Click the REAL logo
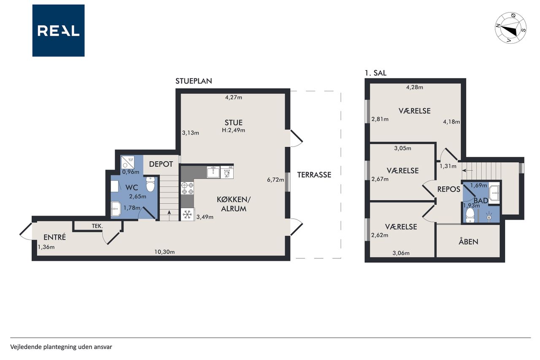pos(58,31)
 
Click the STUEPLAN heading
pos(194,81)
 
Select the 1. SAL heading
pos(375,73)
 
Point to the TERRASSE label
pos(314,175)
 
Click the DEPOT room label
pos(161,164)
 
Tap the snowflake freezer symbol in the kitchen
pos(187,214)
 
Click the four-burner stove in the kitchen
pos(187,188)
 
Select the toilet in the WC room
pos(151,184)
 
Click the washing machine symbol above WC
pos(127,162)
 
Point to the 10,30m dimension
pos(165,252)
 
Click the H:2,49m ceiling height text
pos(234,130)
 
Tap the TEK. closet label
pos(97,226)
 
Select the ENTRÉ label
pos(55,237)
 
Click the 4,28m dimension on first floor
pos(415,87)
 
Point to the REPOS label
pos(449,189)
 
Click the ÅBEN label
pos(468,241)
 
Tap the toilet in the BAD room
pos(470,215)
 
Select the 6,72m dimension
pos(275,180)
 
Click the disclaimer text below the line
pos(61,347)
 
